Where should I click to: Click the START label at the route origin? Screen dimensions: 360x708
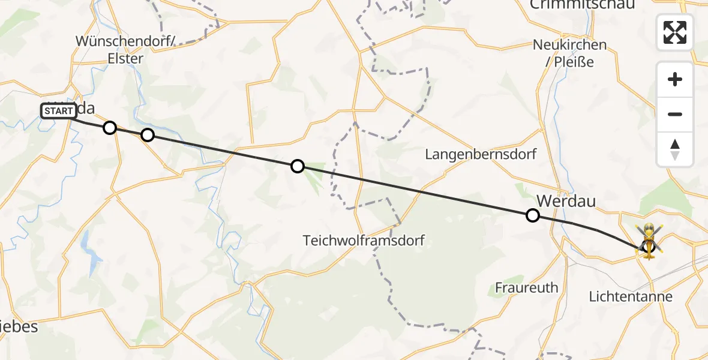59,111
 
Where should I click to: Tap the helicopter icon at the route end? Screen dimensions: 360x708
649,241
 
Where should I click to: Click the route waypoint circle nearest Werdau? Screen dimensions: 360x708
532,215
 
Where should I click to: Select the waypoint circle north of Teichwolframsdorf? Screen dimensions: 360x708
298,166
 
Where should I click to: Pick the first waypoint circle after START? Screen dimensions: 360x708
109,127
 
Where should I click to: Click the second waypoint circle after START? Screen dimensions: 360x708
148,135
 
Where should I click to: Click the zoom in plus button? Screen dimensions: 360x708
675,79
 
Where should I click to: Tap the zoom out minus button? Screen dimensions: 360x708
675,114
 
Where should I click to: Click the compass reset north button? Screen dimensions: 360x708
675,149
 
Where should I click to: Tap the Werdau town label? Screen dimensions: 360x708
566,200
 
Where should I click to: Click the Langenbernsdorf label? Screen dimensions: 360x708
481,154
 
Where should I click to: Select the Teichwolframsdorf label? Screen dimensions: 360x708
364,241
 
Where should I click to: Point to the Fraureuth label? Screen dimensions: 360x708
526,287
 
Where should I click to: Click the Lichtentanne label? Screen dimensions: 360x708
631,296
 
